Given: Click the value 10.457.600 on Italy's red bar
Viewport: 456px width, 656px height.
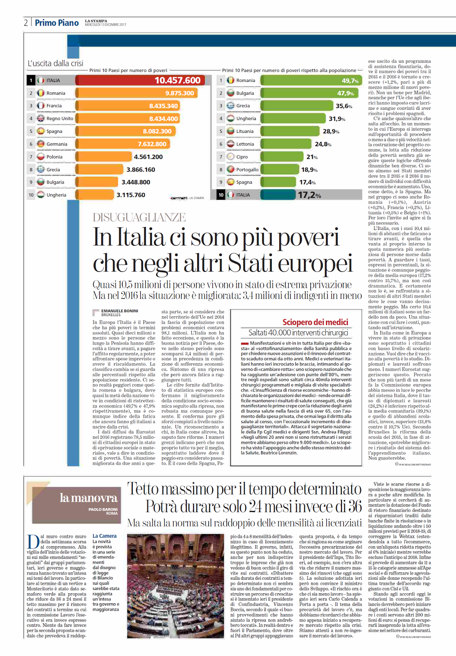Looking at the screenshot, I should (177, 80).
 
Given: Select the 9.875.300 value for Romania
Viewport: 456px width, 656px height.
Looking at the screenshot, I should (179, 93).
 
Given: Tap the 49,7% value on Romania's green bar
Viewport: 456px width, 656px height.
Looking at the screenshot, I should (350, 81).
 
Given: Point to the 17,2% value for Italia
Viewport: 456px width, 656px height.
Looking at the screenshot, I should (309, 195).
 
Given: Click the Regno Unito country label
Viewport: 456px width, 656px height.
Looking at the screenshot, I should (60, 118).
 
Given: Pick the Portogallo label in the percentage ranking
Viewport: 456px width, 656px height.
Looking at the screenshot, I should (247, 169).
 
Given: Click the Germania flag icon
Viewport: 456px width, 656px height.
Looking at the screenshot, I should (41, 144).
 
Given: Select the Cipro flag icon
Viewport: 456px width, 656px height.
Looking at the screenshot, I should (230, 157).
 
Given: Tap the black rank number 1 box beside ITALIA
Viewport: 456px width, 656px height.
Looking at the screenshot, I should (31, 80).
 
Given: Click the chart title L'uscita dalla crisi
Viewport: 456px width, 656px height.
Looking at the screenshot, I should (55, 63).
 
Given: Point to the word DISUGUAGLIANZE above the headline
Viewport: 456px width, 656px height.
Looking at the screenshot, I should (139, 217).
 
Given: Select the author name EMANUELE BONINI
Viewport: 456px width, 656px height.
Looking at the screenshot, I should (120, 311).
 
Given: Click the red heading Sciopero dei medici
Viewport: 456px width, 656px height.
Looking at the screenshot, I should (315, 322).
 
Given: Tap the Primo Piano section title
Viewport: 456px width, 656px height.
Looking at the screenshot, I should (57, 23).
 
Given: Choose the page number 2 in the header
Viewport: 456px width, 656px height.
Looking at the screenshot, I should (26, 23).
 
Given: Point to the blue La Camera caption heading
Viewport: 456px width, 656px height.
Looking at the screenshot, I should (105, 536).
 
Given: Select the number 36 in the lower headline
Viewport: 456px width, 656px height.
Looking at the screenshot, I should (355, 506).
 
